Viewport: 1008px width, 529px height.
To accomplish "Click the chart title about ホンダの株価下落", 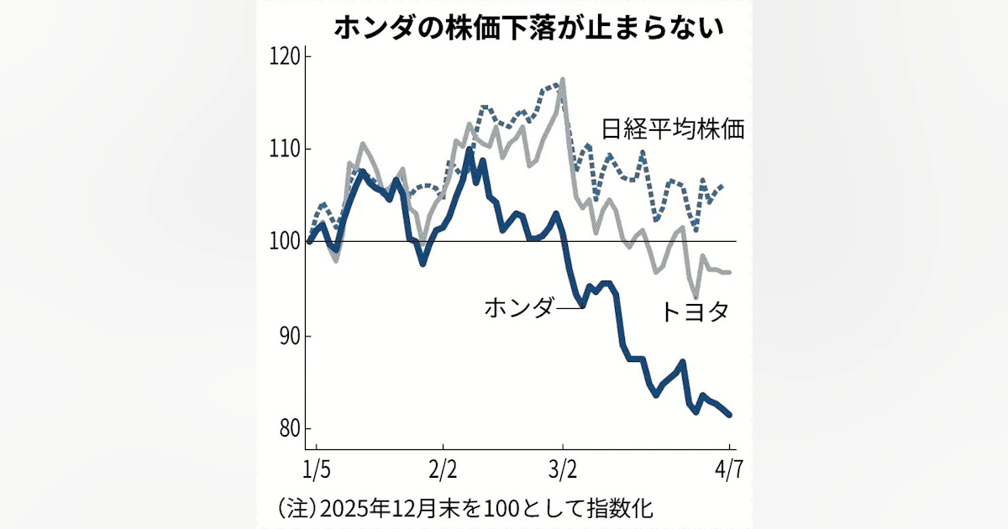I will (x=528, y=28).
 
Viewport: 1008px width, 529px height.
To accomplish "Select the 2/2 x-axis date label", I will (x=443, y=467).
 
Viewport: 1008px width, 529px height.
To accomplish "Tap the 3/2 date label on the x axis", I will (x=563, y=467).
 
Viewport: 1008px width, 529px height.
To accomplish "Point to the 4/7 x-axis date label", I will (x=727, y=467).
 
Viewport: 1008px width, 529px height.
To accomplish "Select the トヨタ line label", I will (x=694, y=312).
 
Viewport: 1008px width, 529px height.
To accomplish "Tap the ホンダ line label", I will (x=519, y=307).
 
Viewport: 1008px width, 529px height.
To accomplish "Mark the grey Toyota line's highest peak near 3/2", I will (x=562, y=80).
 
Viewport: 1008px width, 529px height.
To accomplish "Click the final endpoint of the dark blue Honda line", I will (x=729, y=414).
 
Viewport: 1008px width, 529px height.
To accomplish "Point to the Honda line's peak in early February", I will (x=469, y=150).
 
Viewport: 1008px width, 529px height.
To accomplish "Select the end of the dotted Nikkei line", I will (x=723, y=186).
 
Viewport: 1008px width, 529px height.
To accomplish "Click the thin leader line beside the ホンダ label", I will (x=569, y=308).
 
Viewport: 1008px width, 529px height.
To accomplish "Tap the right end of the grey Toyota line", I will (x=729, y=272).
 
